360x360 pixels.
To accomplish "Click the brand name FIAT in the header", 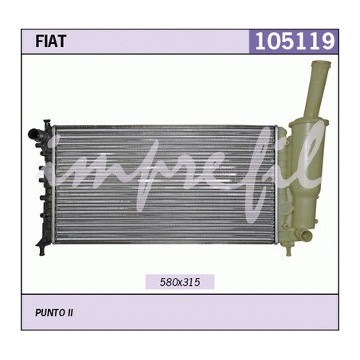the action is [50, 41].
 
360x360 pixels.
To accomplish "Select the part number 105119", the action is [295, 41].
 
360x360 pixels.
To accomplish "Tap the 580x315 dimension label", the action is [180, 282].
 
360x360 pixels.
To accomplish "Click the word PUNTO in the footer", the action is [48, 313].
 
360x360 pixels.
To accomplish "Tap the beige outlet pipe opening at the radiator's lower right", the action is [307, 236].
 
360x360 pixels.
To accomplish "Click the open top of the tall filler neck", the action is [321, 64].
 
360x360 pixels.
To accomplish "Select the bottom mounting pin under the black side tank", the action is [41, 250].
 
